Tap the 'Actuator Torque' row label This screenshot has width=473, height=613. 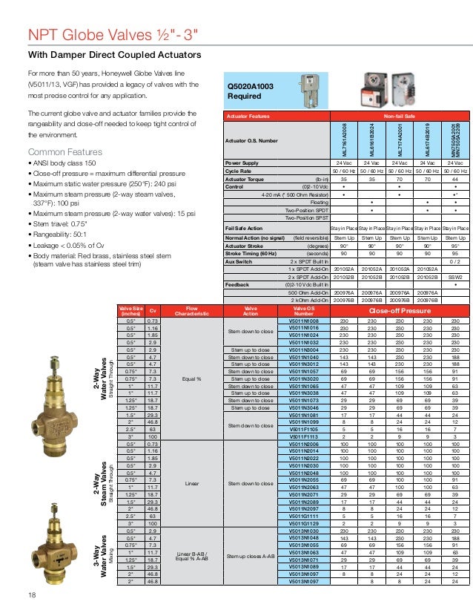point(245,179)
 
